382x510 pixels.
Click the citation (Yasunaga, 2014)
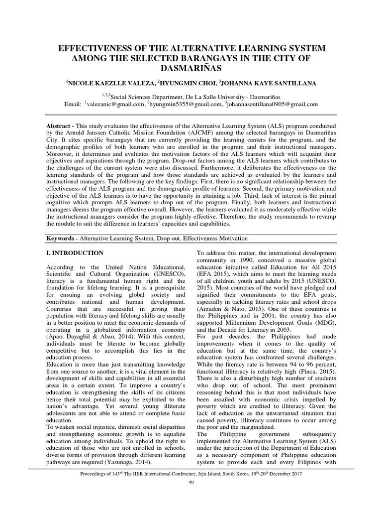pos(134,462)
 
